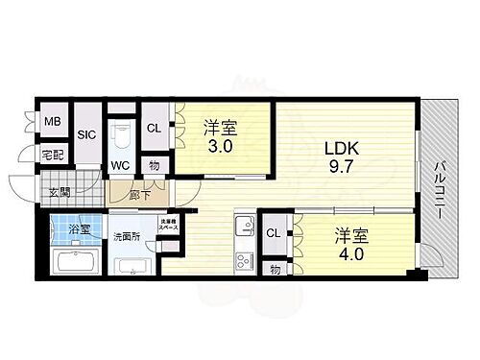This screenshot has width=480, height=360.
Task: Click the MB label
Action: click(53, 122)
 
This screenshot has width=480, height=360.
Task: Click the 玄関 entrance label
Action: click(60, 191)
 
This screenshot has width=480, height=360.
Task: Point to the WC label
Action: click(120, 165)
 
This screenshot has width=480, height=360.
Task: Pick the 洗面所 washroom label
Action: click(128, 236)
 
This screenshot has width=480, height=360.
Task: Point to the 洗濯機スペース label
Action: click(168, 226)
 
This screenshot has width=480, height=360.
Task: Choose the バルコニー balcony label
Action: click(444, 188)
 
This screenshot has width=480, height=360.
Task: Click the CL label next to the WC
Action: click(154, 128)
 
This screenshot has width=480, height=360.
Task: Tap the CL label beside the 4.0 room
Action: click(274, 233)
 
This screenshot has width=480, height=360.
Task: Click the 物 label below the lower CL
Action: click(275, 270)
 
